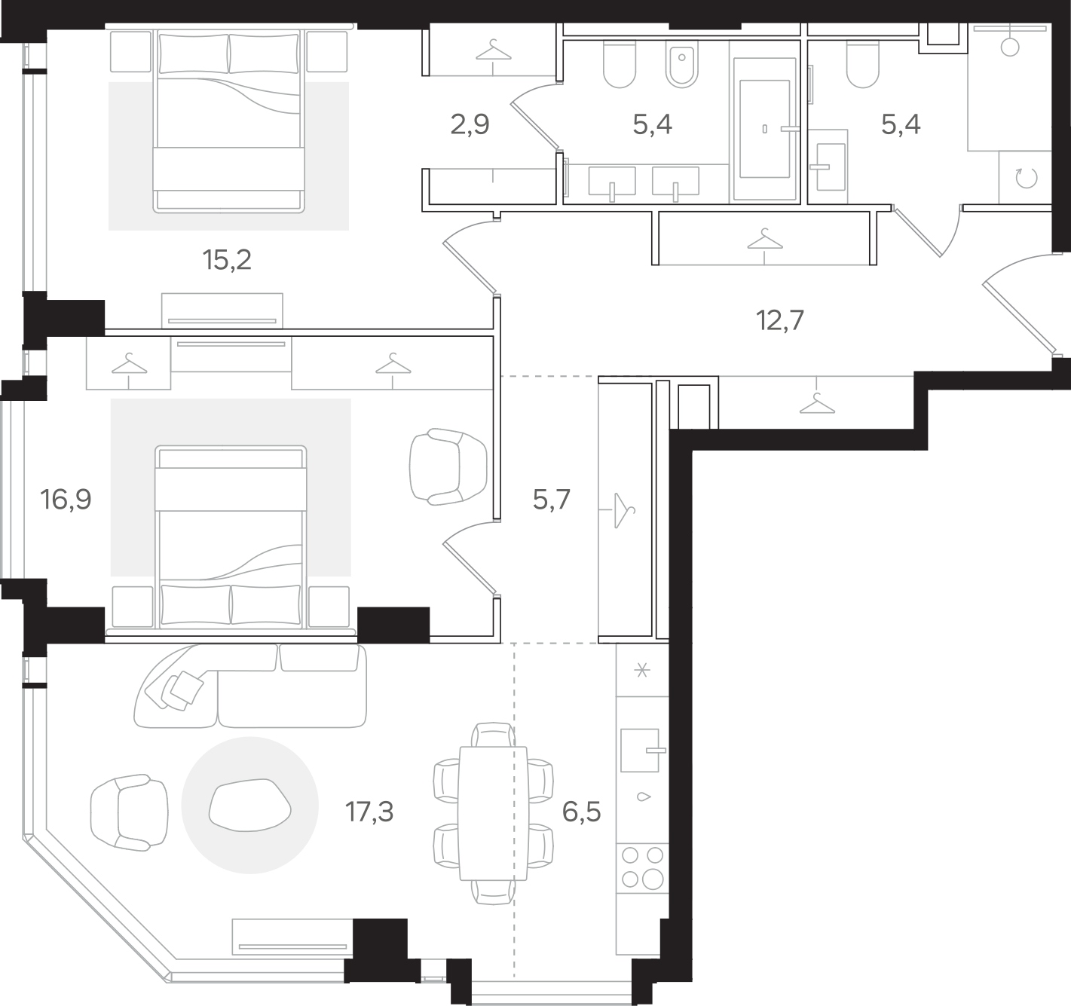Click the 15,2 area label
pyautogui.click(x=227, y=260)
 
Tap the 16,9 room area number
pyautogui.click(x=66, y=499)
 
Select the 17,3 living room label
pyautogui.click(x=369, y=812)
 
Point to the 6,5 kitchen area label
pyautogui.click(x=581, y=812)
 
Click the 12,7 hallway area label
pyautogui.click(x=780, y=320)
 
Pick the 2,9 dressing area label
pyautogui.click(x=470, y=124)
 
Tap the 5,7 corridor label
pyautogui.click(x=551, y=500)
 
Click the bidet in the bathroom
pyautogui.click(x=681, y=63)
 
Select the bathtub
pyautogui.click(x=765, y=129)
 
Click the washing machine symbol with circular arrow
pyautogui.click(x=1026, y=178)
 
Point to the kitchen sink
pyautogui.click(x=641, y=751)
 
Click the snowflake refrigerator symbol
pyautogui.click(x=641, y=671)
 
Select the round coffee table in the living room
pyautogui.click(x=249, y=805)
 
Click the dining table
pyautogui.click(x=493, y=813)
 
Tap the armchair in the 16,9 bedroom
pyautogui.click(x=448, y=466)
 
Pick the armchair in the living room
pyautogui.click(x=130, y=813)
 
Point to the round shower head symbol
pyautogui.click(x=1009, y=47)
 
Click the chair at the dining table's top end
pyautogui.click(x=493, y=735)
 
